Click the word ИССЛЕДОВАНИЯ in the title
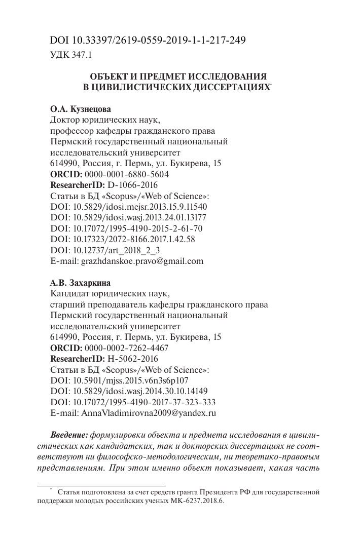pos(228,76)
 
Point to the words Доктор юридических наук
pos(105,120)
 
